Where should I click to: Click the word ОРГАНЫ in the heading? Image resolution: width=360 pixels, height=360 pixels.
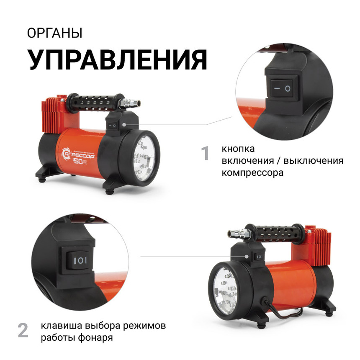pyautogui.click(x=55, y=33)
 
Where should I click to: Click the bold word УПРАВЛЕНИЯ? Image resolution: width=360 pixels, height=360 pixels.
pyautogui.click(x=117, y=59)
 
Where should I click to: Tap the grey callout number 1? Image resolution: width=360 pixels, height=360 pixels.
pyautogui.click(x=205, y=154)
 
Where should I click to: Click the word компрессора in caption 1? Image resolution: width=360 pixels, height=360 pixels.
pyautogui.click(x=252, y=172)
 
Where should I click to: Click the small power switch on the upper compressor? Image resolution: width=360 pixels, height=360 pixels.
pyautogui.click(x=112, y=124)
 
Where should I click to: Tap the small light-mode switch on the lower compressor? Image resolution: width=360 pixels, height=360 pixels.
pyautogui.click(x=259, y=256)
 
